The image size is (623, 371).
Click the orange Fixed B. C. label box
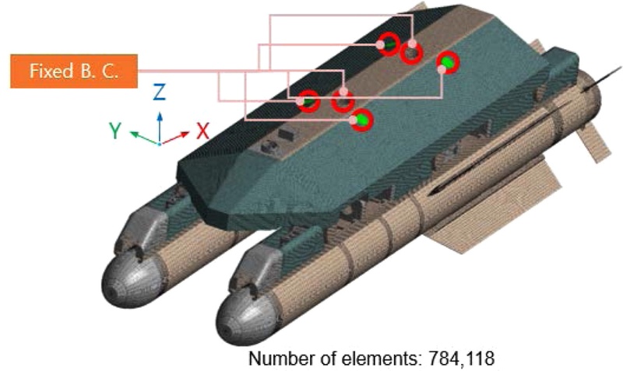74,71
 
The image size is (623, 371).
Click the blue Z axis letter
159,92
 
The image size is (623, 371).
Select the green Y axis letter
115,130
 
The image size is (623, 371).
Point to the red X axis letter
202,130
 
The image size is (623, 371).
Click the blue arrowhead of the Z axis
160,116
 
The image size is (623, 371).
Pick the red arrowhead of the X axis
185,134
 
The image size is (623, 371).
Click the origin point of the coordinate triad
160,144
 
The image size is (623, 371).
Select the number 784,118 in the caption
461,359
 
